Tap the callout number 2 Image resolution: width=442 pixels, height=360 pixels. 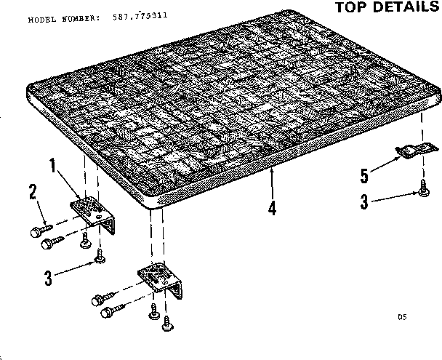(33, 192)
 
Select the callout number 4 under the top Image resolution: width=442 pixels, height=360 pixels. (272, 208)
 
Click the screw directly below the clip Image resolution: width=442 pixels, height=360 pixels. (422, 191)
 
